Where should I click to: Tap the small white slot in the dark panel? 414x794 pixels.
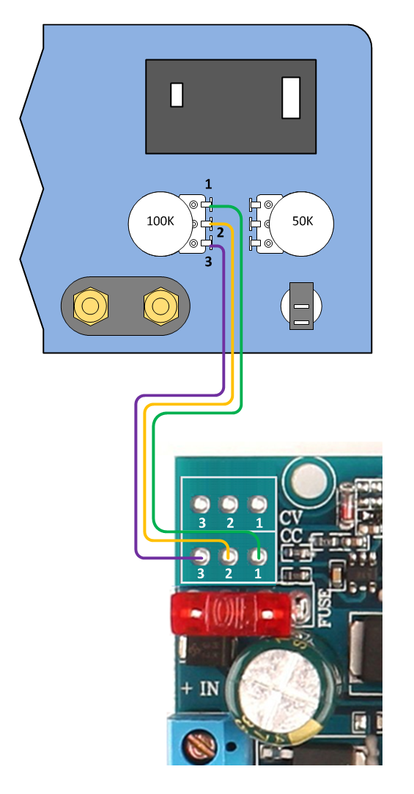coord(177,95)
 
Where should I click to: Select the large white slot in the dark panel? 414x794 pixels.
coord(291,98)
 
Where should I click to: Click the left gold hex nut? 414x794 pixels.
coord(91,306)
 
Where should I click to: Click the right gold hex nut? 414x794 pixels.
coord(161,306)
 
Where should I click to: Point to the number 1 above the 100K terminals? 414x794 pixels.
coord(209,184)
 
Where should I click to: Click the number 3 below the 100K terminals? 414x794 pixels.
coord(208,262)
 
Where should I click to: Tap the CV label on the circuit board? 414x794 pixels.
coord(291,518)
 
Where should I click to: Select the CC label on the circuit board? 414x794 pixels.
coord(291,536)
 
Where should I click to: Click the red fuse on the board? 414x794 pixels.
coord(233,613)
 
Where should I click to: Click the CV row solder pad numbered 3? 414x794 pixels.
coord(201,504)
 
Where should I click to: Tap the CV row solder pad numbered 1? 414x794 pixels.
coord(258,504)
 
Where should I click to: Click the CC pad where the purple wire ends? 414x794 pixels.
coord(201,556)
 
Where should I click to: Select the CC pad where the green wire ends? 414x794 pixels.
coord(258,556)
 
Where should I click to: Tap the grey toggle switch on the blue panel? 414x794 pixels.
coord(301,306)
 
